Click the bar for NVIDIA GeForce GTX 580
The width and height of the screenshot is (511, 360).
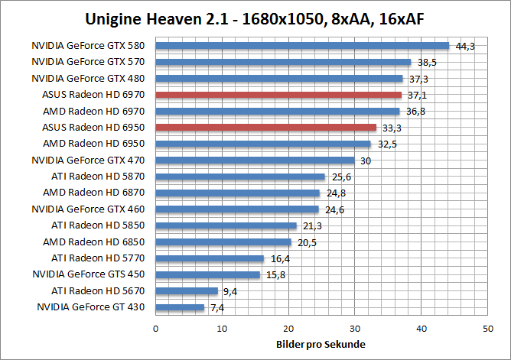coord(302,45)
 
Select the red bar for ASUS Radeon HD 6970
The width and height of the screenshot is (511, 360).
coord(278,95)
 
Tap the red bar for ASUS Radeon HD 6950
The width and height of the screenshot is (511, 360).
coord(266,127)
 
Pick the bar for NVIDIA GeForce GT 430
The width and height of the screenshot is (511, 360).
coord(180,307)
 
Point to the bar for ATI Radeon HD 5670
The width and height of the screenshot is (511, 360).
coord(187,290)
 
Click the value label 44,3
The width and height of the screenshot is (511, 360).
coord(465,46)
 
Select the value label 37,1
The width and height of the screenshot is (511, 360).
coord(417,96)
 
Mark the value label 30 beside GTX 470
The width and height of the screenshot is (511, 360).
coord(366,161)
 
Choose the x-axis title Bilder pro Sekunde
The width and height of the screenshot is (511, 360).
coord(321,344)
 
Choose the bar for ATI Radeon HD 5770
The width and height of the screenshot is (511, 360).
coord(210,258)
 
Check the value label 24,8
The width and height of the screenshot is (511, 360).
coord(335,193)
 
